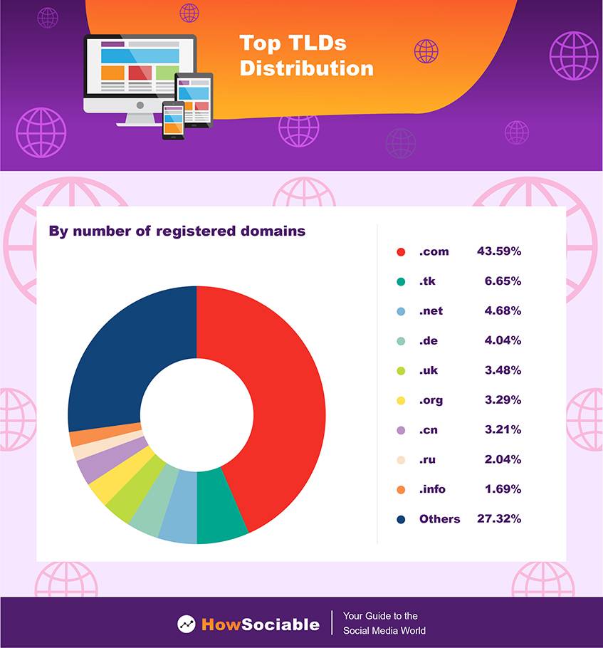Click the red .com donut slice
285,399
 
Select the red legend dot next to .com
401,251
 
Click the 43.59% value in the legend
499,251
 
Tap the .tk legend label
427,281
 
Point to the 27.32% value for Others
499,519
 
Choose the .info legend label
432,489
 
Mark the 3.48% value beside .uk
503,370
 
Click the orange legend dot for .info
401,489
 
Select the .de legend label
428,340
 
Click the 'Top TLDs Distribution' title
306,56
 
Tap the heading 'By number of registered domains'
177,231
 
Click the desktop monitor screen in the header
140,66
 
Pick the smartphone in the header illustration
173,119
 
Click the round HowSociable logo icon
187,624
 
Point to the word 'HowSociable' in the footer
261,625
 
